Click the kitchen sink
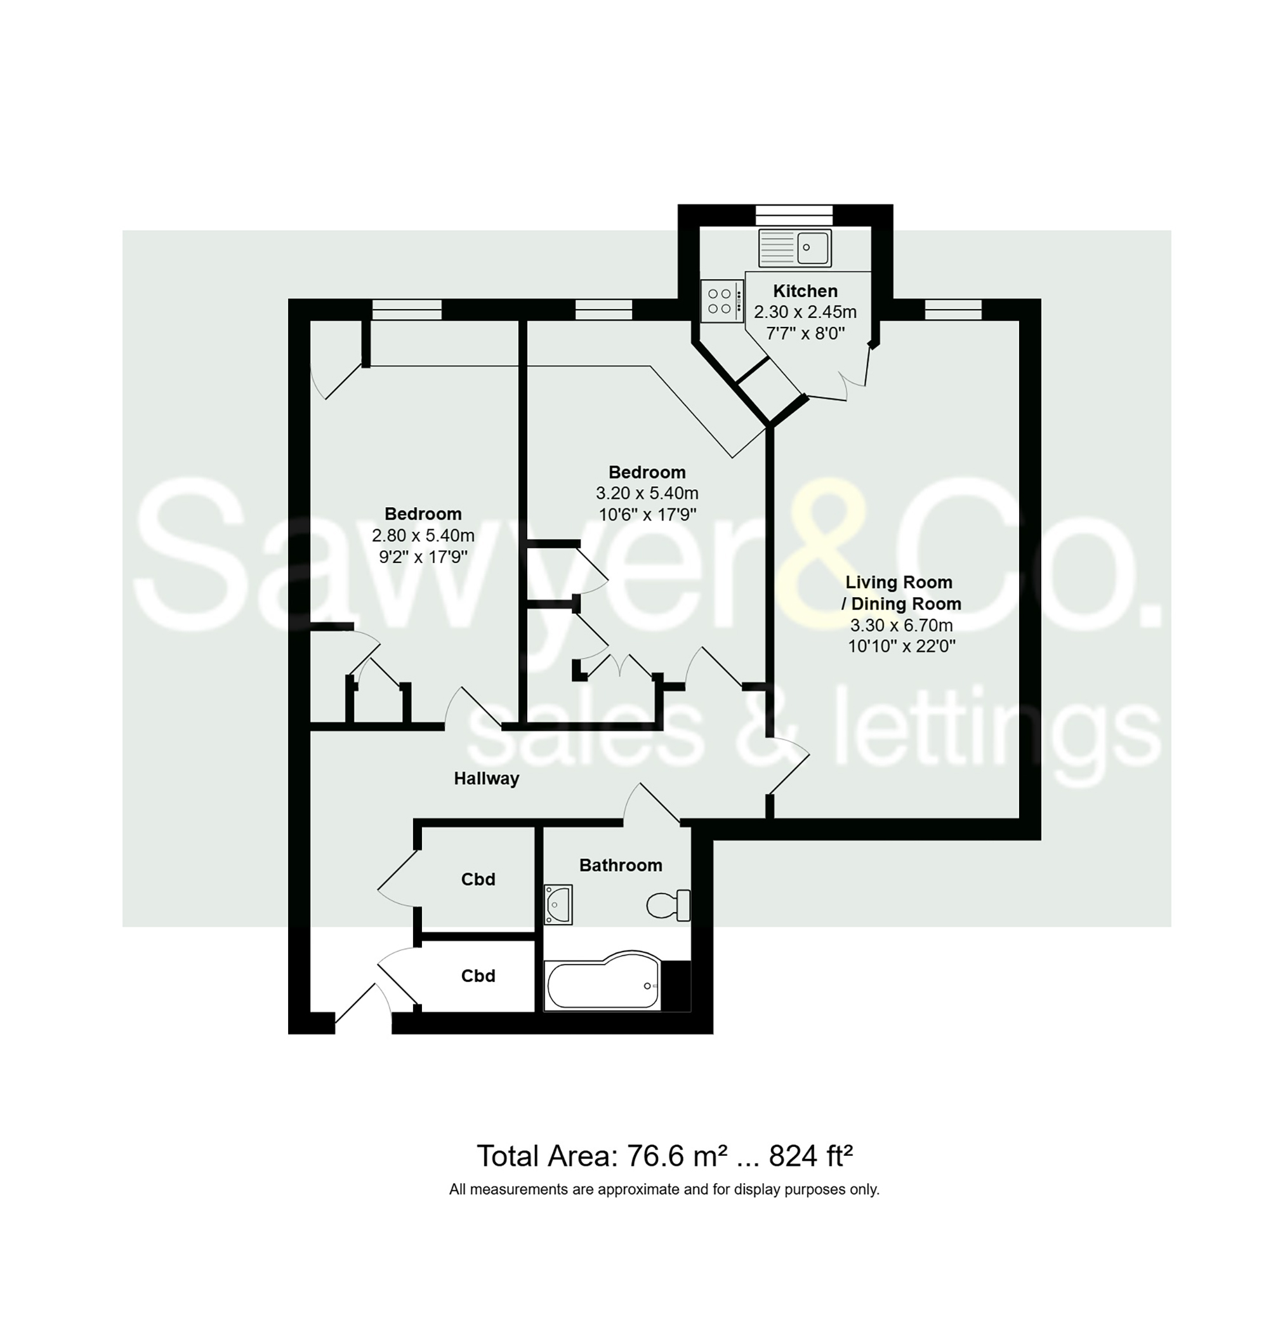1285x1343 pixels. [794, 248]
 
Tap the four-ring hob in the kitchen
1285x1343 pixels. [722, 301]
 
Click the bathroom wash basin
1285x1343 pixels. [558, 904]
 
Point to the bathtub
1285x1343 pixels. [603, 984]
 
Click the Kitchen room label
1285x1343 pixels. [805, 291]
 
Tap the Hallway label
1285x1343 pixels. [486, 778]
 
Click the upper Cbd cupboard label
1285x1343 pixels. [477, 879]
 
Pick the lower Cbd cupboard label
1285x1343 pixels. [477, 976]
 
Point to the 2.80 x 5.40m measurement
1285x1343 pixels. [423, 535]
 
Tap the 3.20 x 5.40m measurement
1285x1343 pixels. [647, 493]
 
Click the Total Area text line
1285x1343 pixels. [664, 1156]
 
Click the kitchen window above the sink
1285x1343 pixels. [794, 215]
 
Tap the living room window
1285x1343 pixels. [952, 310]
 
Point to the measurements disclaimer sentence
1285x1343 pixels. [664, 1189]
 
